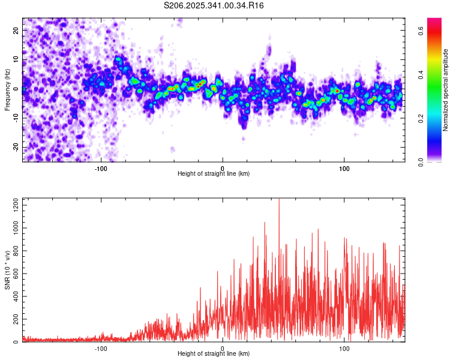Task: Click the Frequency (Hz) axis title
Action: click(7, 90)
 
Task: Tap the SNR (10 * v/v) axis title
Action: click(7, 271)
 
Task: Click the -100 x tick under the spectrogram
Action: click(101, 169)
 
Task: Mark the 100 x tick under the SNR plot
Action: click(344, 349)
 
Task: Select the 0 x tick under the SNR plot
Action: click(223, 349)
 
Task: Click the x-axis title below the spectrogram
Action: click(214, 174)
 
